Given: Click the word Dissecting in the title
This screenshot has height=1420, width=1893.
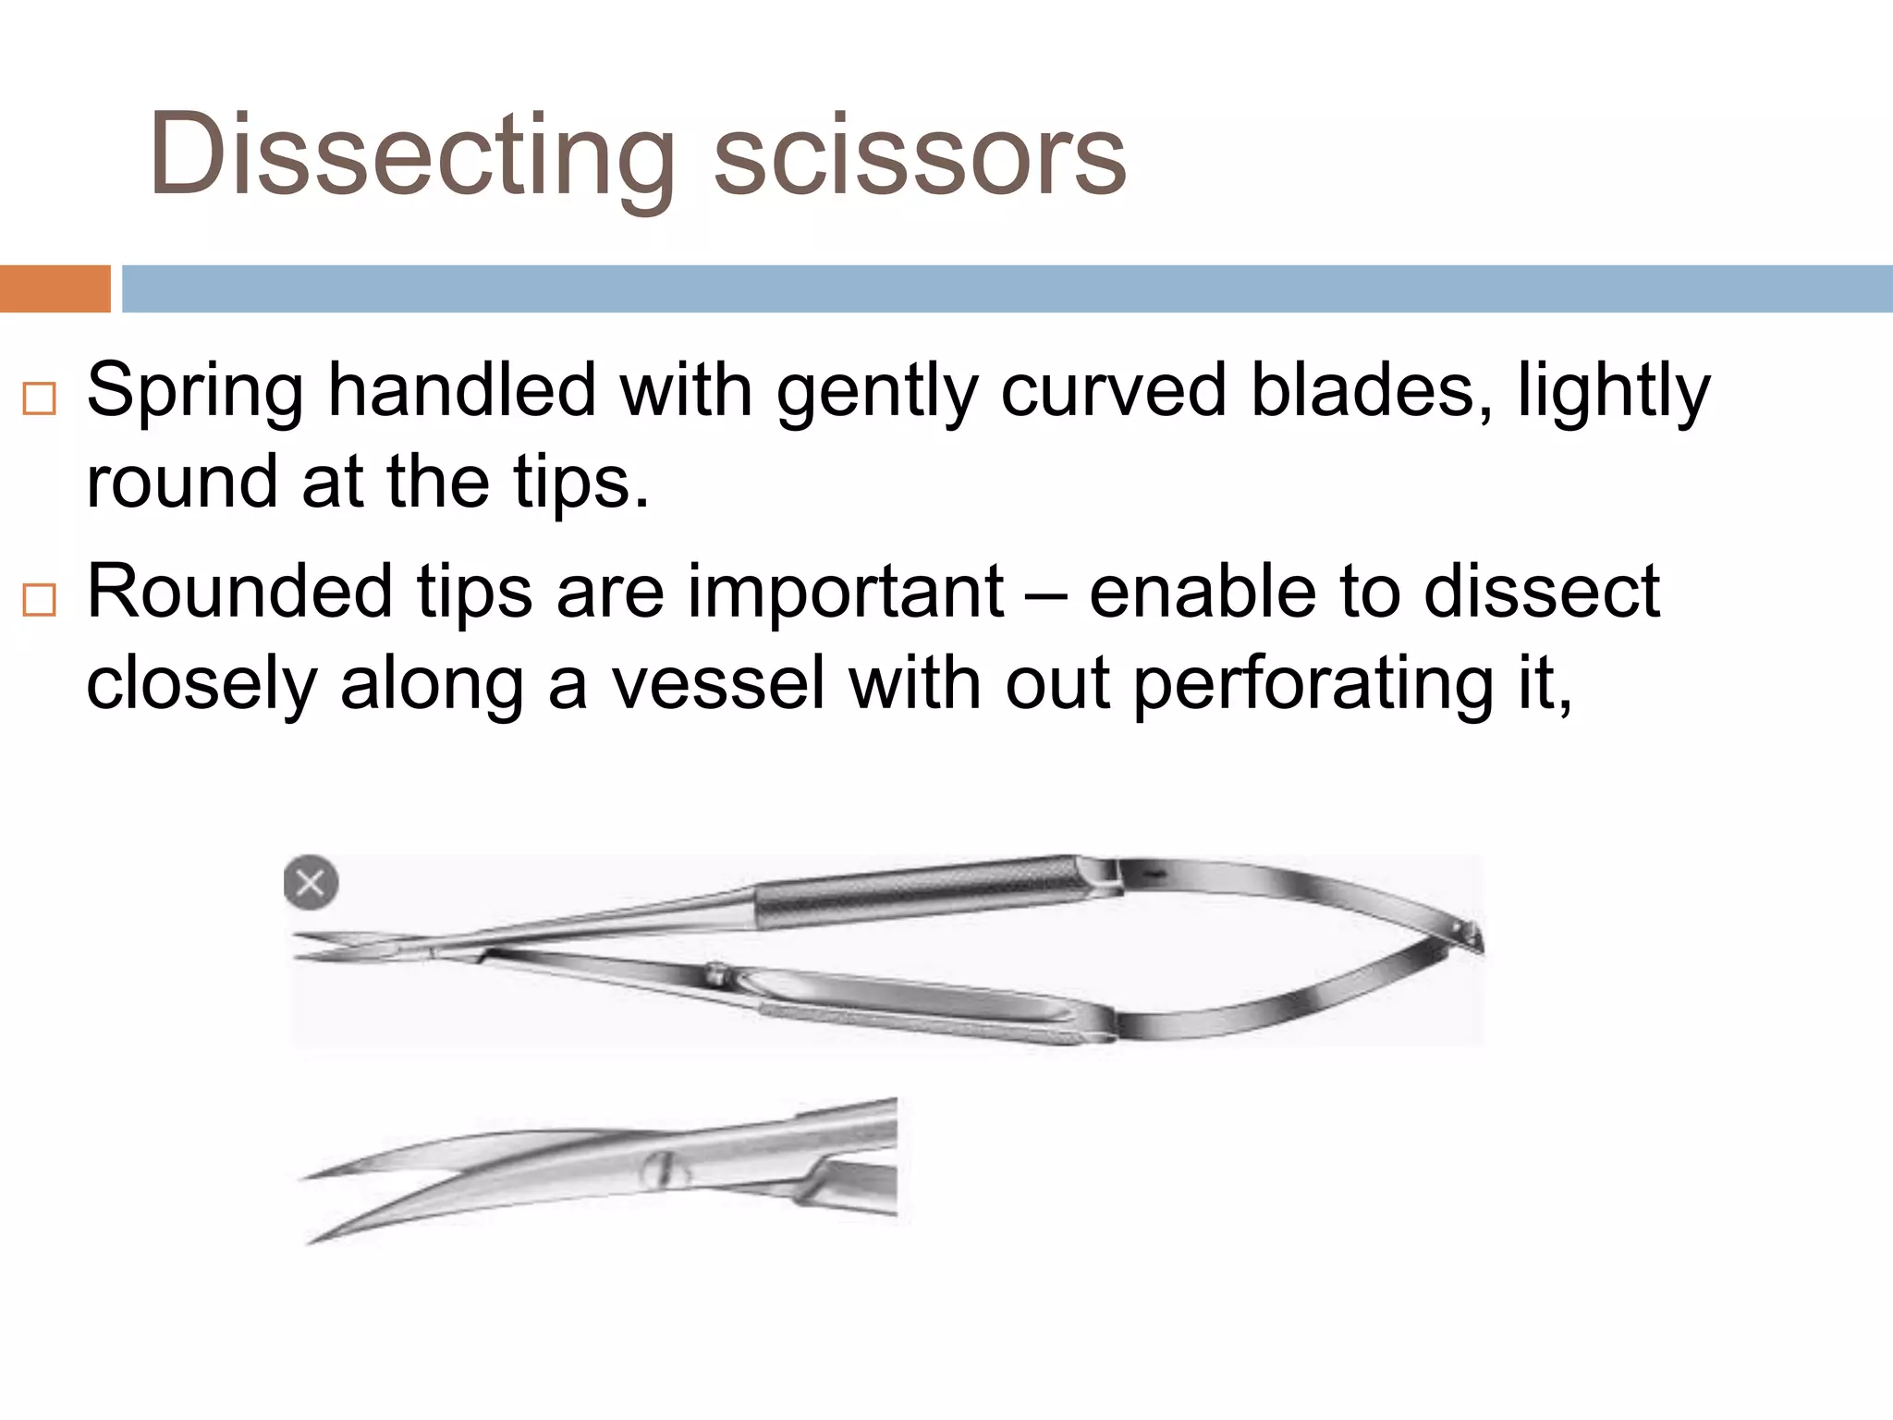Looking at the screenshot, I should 411,155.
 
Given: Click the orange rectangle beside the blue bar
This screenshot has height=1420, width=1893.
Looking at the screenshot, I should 55,288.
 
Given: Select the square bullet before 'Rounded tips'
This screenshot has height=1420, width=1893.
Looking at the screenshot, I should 40,600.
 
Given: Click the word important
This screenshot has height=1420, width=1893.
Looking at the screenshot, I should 845,593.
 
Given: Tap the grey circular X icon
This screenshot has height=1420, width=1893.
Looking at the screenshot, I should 311,882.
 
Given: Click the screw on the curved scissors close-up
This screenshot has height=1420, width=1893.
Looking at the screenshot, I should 662,1170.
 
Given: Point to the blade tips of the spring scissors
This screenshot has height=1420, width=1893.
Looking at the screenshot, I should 310,949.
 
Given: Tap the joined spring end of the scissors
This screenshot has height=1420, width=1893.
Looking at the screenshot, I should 1470,936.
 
